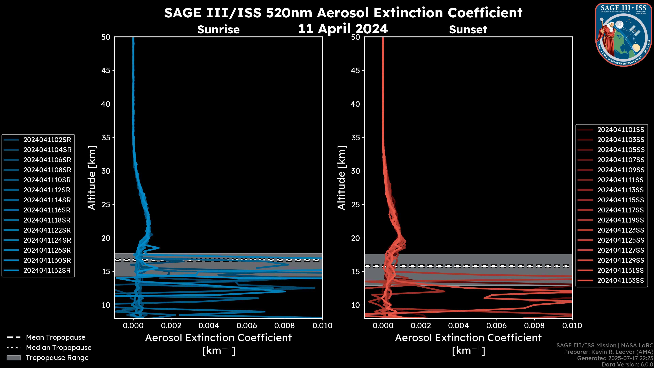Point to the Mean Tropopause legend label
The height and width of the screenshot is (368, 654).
click(x=56, y=337)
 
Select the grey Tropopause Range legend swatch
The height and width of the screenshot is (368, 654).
click(x=14, y=358)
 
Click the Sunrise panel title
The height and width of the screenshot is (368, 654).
click(x=218, y=29)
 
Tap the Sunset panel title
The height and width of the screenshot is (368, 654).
click(x=468, y=29)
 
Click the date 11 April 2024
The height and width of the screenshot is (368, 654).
click(x=343, y=29)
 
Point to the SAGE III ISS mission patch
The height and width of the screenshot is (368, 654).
click(x=624, y=35)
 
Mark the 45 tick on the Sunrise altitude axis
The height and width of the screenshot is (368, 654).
click(x=106, y=70)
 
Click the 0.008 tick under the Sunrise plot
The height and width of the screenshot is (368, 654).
click(x=284, y=326)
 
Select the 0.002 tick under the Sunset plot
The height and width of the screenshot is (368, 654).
click(x=421, y=326)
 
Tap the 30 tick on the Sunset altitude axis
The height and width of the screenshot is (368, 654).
click(x=356, y=171)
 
